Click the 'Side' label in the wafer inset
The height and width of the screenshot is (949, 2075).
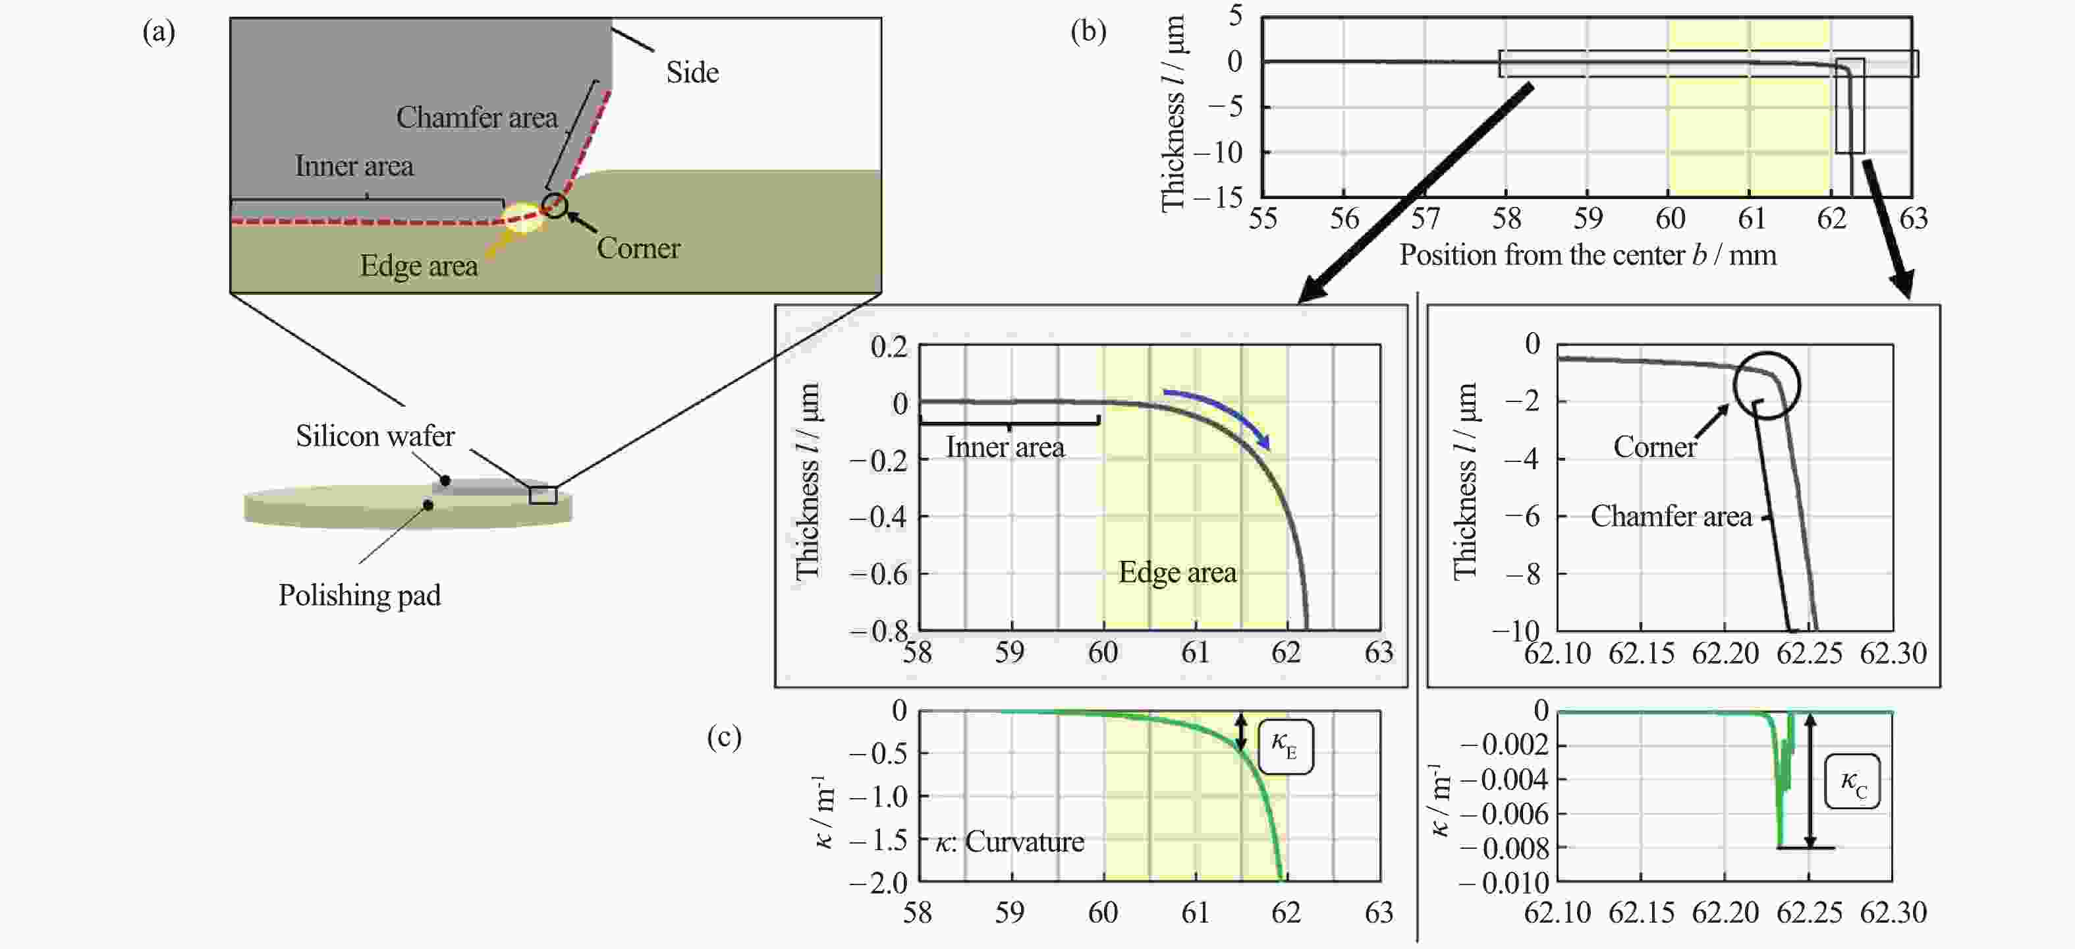[x=692, y=72]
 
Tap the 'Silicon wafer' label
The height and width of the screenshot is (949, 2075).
[x=375, y=436]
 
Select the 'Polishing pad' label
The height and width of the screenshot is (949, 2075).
[x=359, y=595]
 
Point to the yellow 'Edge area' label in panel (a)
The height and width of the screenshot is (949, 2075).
[x=419, y=266]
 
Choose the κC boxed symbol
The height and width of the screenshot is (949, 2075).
[x=1852, y=782]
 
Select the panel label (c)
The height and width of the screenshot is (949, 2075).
[x=724, y=737]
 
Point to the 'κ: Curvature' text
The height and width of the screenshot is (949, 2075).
[x=1009, y=842]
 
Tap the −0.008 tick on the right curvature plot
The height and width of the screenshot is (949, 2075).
[x=1504, y=848]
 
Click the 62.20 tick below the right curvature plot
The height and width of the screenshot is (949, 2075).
[x=1725, y=913]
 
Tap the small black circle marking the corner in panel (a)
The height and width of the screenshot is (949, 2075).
[x=554, y=204]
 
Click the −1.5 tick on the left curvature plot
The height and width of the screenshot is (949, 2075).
[x=879, y=840]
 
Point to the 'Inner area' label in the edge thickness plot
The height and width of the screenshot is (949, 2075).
[x=1005, y=447]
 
